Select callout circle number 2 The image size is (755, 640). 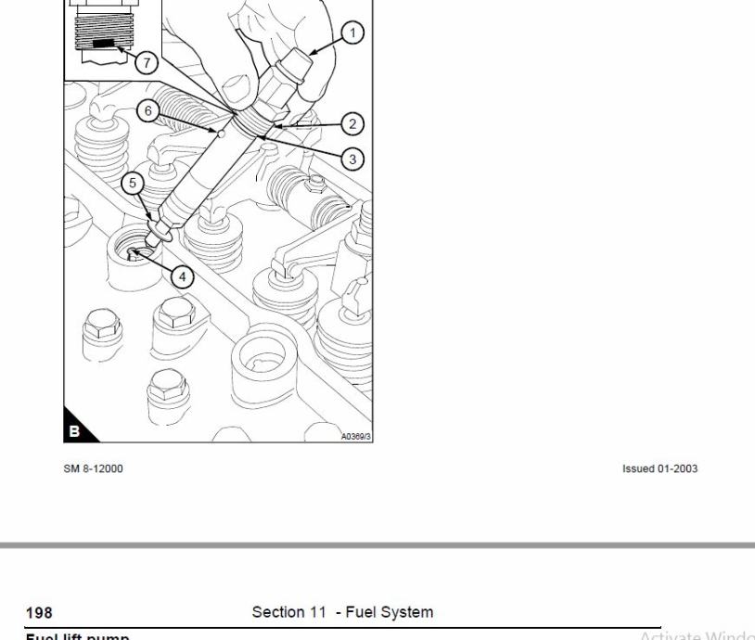click(352, 122)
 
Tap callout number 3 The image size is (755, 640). click(352, 159)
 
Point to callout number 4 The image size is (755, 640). click(183, 275)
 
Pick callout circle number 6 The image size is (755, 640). click(147, 110)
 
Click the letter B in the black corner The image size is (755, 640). click(75, 431)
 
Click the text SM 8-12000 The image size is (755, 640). click(93, 468)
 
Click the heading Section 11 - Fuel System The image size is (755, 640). click(342, 612)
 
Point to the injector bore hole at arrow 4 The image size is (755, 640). click(135, 251)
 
